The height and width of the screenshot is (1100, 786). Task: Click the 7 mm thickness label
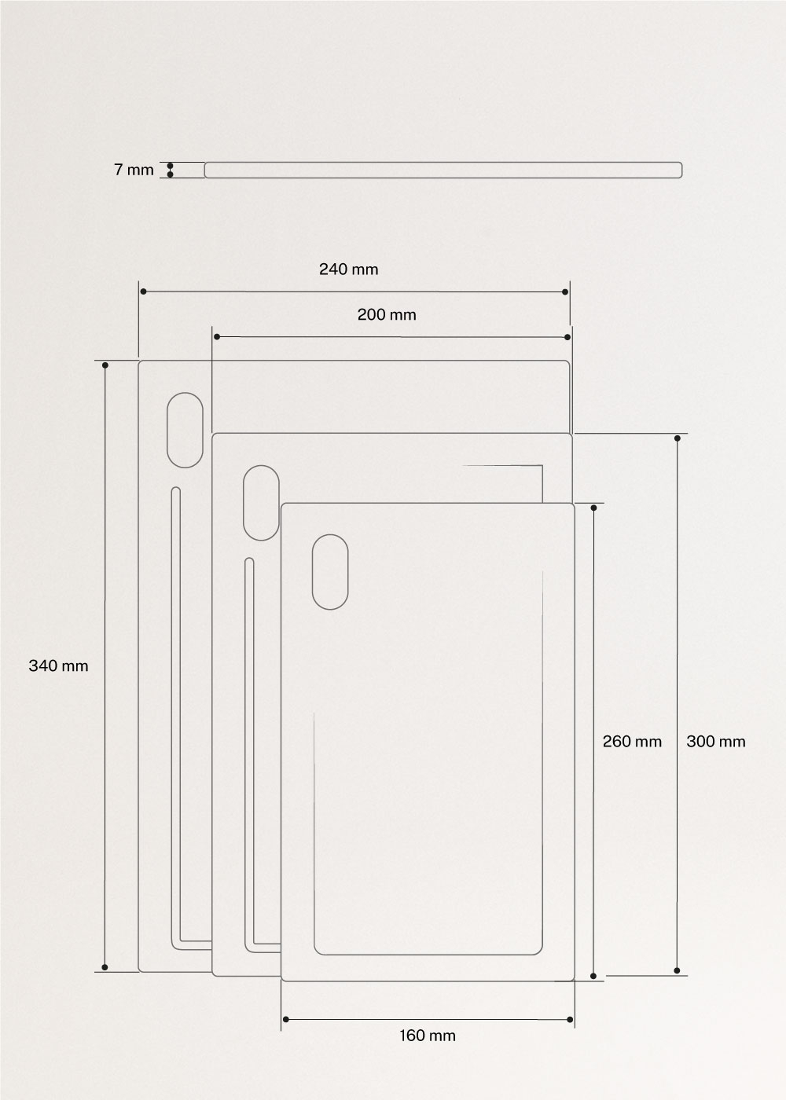click(x=134, y=170)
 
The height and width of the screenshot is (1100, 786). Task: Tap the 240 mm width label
click(x=348, y=269)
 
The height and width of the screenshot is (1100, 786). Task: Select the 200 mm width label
click(x=387, y=315)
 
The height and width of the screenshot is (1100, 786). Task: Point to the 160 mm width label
click(x=427, y=1036)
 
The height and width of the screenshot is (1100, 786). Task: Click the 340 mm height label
click(x=59, y=666)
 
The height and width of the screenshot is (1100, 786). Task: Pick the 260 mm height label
click(x=632, y=741)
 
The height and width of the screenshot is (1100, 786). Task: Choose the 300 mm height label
click(x=715, y=741)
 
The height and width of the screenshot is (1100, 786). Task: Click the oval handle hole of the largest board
click(x=185, y=431)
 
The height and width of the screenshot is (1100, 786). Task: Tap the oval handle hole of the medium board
click(x=261, y=503)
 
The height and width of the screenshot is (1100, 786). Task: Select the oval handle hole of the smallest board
click(x=330, y=572)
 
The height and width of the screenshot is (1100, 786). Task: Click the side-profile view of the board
click(x=443, y=170)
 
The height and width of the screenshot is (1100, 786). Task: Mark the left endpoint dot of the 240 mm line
click(x=143, y=292)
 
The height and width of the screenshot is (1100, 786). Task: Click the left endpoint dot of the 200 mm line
click(x=216, y=337)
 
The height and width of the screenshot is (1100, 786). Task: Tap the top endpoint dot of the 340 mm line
click(x=105, y=365)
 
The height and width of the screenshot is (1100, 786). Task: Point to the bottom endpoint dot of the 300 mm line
click(x=678, y=971)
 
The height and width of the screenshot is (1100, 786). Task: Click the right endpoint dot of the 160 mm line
click(x=569, y=1020)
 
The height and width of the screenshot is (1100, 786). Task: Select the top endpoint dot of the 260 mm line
click(x=593, y=507)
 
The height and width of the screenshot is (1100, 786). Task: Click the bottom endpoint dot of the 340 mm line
click(x=105, y=968)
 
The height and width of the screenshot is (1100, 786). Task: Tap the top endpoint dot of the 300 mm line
click(x=678, y=438)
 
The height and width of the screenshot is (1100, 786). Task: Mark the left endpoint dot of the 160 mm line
click(x=285, y=1020)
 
